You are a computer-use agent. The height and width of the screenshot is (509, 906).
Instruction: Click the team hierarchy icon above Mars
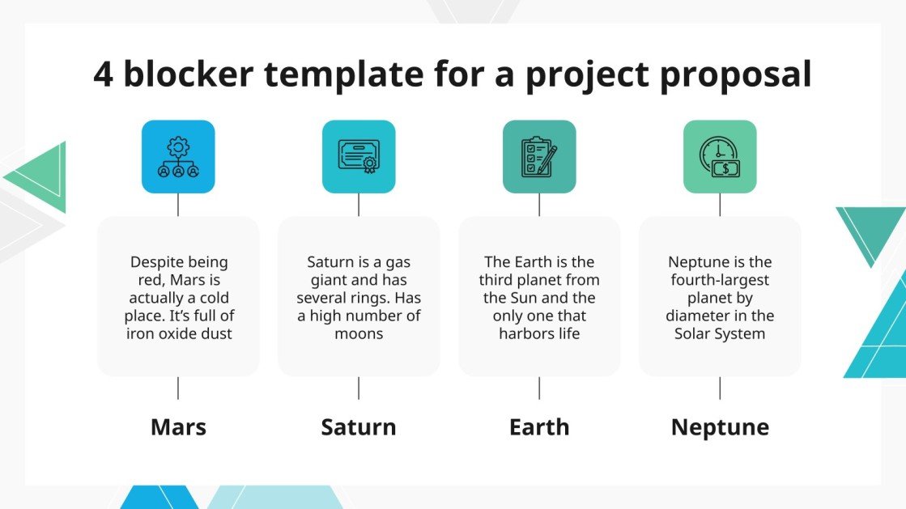coord(178,157)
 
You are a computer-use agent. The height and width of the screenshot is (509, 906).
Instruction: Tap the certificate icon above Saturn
coord(359,157)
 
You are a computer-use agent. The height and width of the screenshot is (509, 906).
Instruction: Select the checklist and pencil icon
coord(539,157)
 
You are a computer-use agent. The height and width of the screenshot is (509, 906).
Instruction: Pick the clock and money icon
coord(720,157)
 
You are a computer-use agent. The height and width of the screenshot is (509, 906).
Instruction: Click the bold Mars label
coord(178,426)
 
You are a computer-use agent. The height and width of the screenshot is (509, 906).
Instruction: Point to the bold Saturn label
coord(359,426)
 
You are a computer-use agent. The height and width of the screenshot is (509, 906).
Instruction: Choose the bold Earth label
coord(539,426)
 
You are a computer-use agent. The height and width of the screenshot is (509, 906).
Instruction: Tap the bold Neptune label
coord(720,426)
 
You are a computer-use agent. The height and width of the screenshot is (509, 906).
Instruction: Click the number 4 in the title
coord(103,74)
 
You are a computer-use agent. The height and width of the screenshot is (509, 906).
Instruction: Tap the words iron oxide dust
coord(179,333)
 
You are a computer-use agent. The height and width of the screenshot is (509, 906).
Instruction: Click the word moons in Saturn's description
coord(359,333)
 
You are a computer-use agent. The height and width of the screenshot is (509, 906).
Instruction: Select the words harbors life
coord(539,333)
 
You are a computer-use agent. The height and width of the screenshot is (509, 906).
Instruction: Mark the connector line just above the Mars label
coord(178,388)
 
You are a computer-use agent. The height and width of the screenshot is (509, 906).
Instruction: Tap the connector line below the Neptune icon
coord(720,205)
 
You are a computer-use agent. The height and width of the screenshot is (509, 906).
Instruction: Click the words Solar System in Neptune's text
coord(720,333)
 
